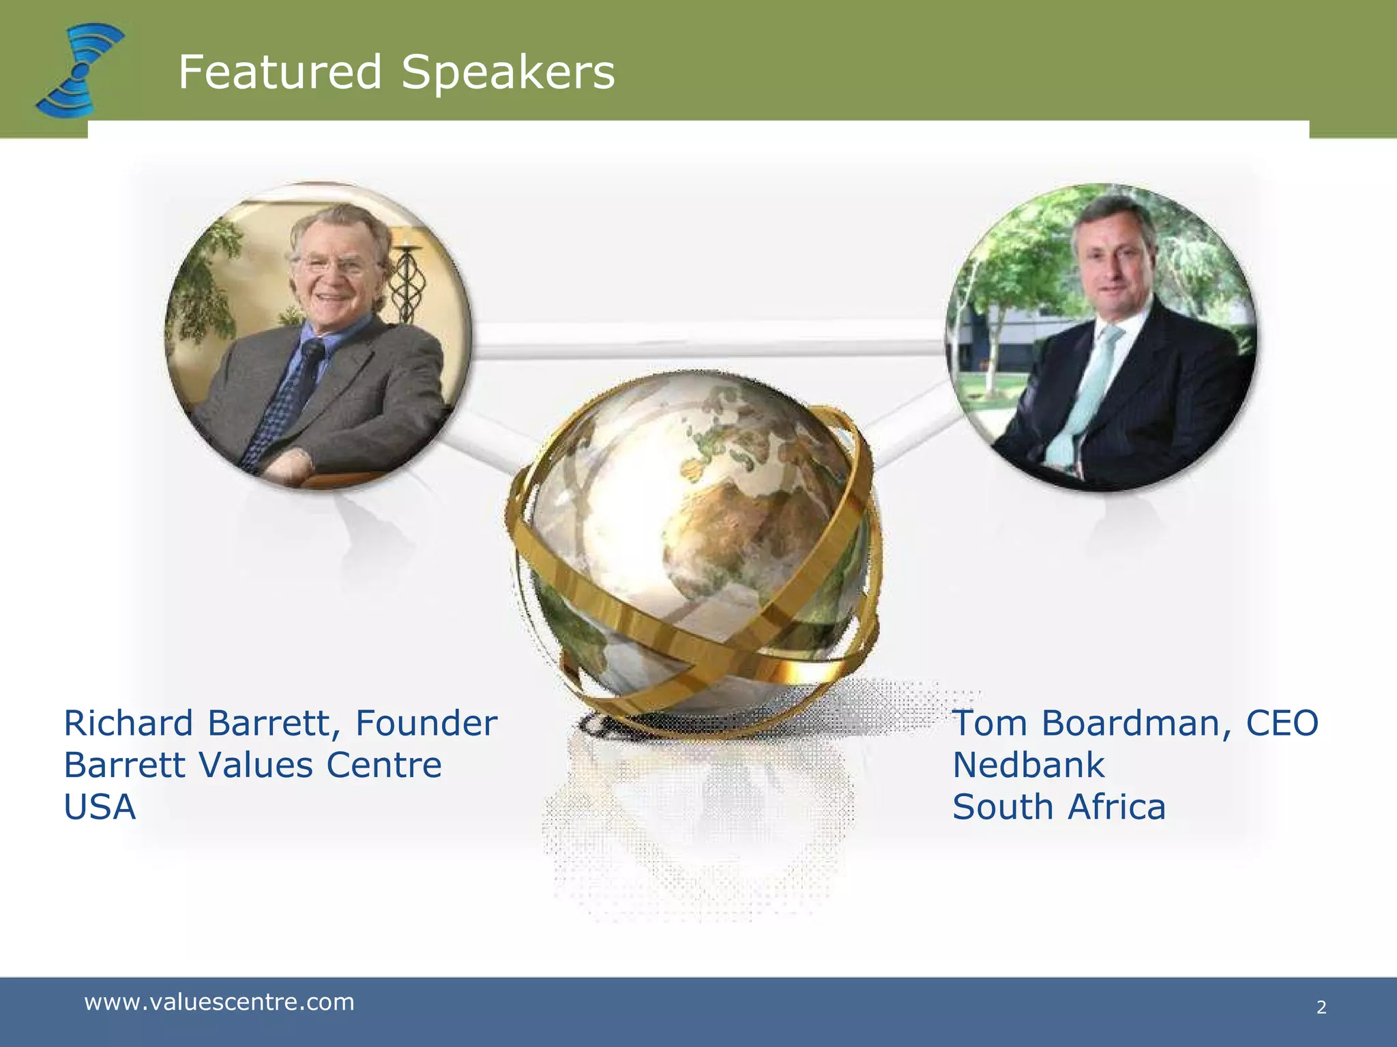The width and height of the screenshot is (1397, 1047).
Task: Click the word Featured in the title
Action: [x=280, y=72]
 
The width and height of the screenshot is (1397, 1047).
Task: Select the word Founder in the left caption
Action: [x=426, y=723]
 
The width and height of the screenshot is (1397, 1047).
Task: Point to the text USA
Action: [x=100, y=807]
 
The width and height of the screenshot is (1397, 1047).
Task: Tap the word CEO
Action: [x=1282, y=723]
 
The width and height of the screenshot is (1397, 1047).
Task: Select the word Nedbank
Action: [x=1028, y=765]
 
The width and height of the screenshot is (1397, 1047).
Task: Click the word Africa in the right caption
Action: [x=1117, y=807]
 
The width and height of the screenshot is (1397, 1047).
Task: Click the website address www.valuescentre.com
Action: [x=219, y=1002]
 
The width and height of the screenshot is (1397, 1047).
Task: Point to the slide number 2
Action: [x=1321, y=1007]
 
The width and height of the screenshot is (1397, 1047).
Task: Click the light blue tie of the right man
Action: [x=1085, y=389]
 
